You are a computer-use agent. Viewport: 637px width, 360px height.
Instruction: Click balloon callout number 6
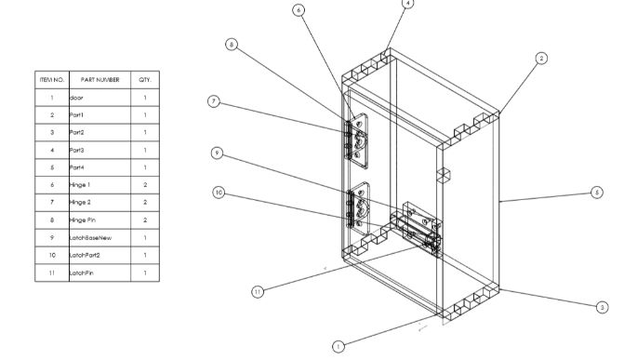(x=299, y=10)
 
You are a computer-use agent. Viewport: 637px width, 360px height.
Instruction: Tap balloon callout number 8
(x=232, y=45)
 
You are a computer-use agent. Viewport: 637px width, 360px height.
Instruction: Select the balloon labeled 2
(x=541, y=59)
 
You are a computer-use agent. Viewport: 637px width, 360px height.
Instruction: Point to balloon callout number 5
(x=597, y=193)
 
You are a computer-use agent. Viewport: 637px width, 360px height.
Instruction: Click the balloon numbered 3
(x=603, y=307)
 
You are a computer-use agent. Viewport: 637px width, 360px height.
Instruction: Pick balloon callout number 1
(x=338, y=347)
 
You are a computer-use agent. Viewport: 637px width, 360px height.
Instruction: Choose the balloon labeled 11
(x=258, y=292)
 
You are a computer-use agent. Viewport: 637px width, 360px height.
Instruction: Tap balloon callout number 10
(x=219, y=193)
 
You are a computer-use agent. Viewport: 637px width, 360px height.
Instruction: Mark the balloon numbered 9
(x=218, y=153)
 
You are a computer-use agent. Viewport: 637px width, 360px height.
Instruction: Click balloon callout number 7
(x=214, y=101)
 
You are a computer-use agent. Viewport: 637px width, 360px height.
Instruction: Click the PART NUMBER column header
(x=100, y=80)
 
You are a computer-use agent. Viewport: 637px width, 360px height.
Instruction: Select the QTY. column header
(x=145, y=80)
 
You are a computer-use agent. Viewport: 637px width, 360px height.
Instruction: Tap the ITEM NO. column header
(x=52, y=80)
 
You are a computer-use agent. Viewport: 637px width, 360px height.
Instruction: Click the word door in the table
(x=76, y=98)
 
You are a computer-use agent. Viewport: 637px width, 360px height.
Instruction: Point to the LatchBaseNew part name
(x=90, y=238)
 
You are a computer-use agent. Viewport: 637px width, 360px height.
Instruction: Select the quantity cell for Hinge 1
(x=145, y=185)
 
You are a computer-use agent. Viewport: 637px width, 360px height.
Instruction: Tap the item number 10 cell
(x=52, y=255)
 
